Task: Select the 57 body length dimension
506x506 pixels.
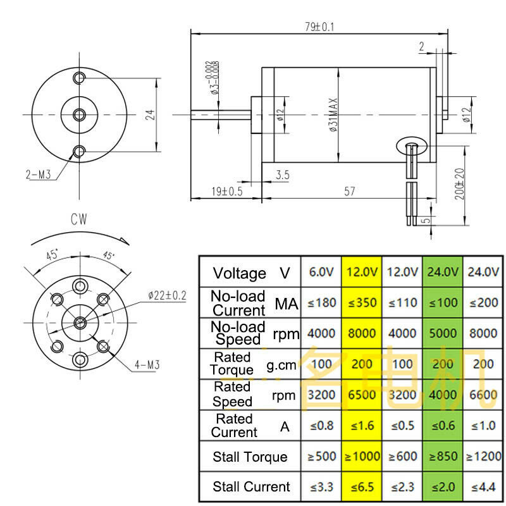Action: click(x=349, y=192)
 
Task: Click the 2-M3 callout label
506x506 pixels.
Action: click(x=38, y=175)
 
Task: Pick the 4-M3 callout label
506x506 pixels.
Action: click(x=146, y=365)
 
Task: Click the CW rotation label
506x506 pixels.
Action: click(x=79, y=219)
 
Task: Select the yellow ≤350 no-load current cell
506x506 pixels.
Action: click(x=361, y=302)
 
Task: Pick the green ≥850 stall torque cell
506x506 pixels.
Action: click(x=442, y=457)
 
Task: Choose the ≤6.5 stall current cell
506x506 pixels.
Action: click(x=361, y=487)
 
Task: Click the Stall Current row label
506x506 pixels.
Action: click(x=250, y=487)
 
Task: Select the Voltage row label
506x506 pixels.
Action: click(x=250, y=273)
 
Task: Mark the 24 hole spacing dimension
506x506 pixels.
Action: click(x=150, y=114)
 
